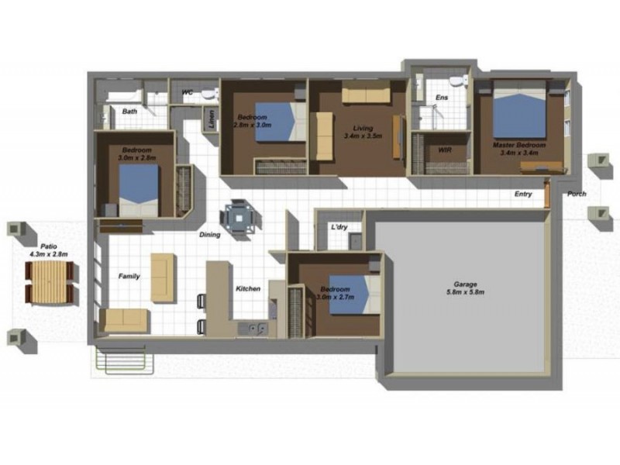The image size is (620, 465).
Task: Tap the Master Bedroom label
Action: coord(519,145)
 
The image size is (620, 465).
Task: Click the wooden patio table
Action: coord(50,283)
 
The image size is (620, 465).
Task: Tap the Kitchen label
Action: coord(248,289)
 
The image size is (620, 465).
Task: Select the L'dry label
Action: coord(339,227)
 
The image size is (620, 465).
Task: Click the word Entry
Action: coord(523,194)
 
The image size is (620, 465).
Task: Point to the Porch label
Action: coord(577,194)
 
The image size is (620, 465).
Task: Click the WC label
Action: coord(187,93)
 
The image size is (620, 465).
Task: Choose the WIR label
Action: coord(444,150)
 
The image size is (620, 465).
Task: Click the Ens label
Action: coord(442,97)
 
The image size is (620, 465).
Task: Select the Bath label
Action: coord(129,112)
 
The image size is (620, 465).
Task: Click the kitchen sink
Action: coord(253,329)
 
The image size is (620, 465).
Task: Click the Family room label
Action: coord(129,276)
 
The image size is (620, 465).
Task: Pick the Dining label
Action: coord(210,234)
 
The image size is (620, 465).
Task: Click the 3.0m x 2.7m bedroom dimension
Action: coord(336,298)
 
